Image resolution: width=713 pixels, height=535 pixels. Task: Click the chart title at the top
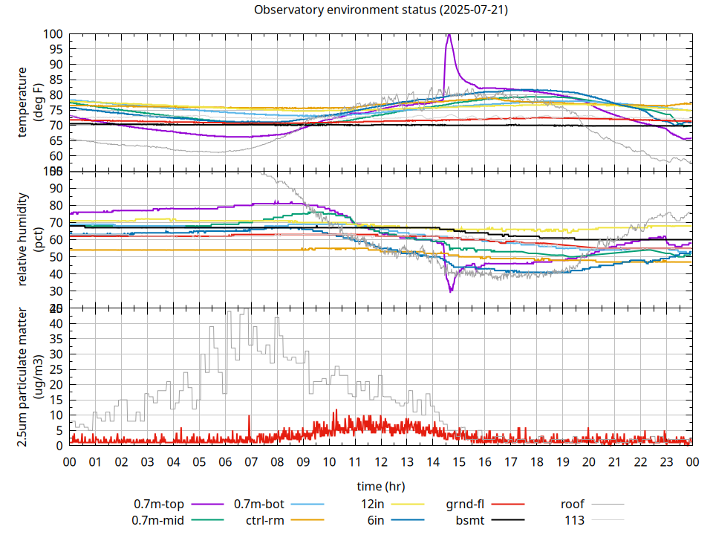click(381, 10)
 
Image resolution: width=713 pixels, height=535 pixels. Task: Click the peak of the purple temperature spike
click(449, 34)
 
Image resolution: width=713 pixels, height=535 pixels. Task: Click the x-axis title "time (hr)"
click(380, 486)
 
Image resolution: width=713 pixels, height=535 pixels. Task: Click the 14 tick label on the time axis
click(432, 461)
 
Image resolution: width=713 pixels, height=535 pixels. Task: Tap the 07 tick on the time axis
click(251, 461)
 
